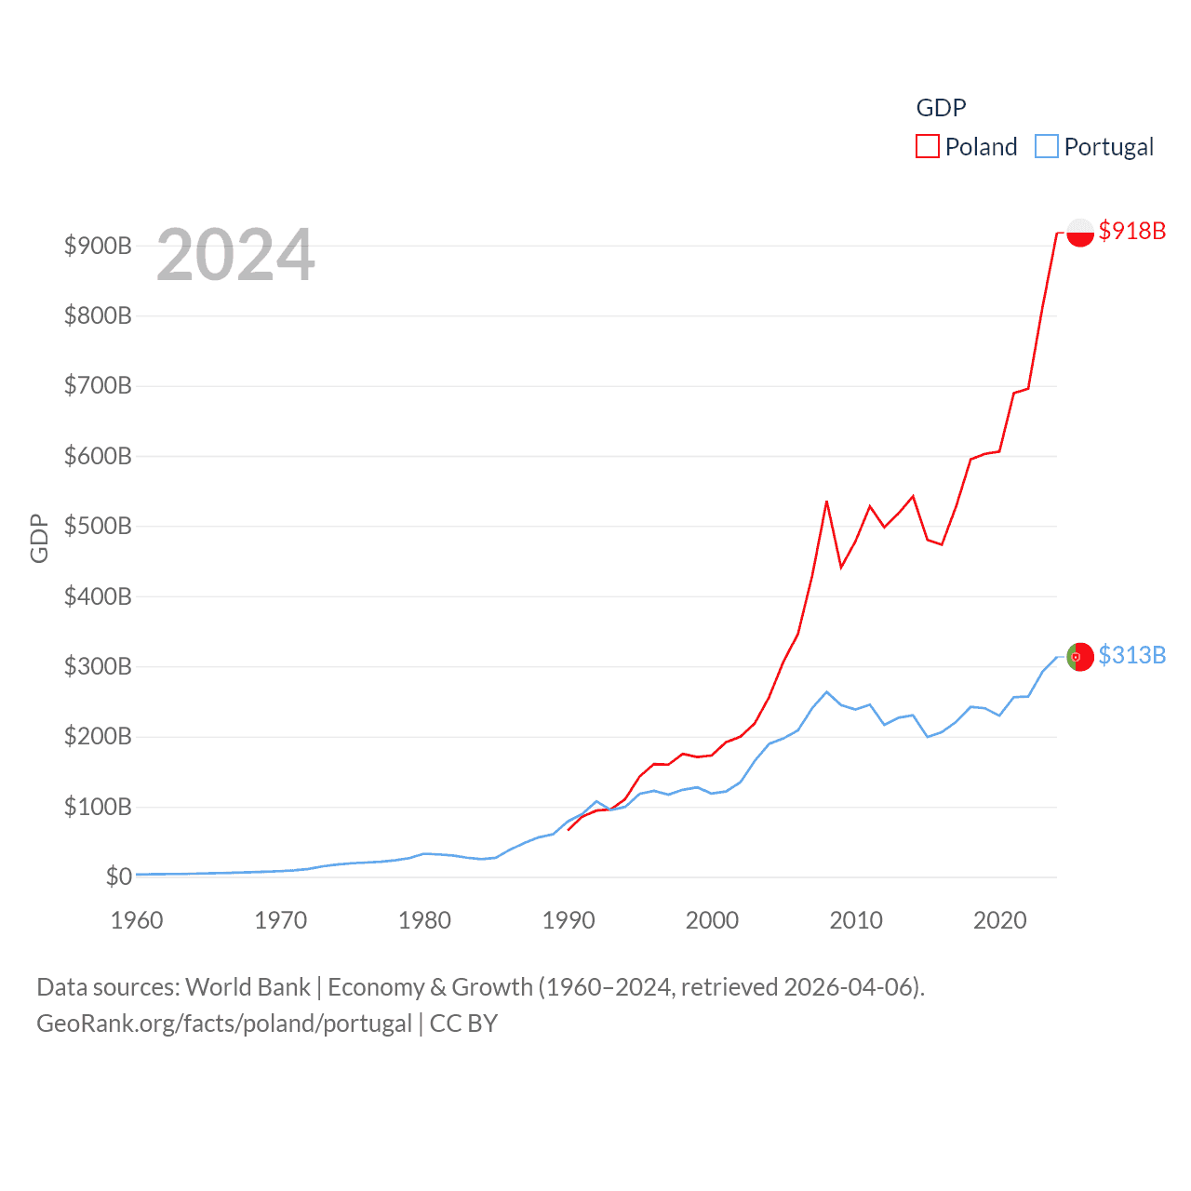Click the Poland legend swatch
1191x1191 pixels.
pyautogui.click(x=928, y=146)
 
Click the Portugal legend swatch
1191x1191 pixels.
pyautogui.click(x=1047, y=146)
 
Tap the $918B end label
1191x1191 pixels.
pyautogui.click(x=1131, y=231)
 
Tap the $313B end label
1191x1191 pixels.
pyautogui.click(x=1131, y=655)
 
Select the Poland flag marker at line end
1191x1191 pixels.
pyautogui.click(x=1080, y=232)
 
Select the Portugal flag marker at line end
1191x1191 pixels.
pyautogui.click(x=1080, y=656)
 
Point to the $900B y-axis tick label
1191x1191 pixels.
pyautogui.click(x=98, y=246)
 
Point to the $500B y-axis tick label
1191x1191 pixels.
pyautogui.click(x=98, y=526)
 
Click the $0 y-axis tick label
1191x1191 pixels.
pyautogui.click(x=118, y=877)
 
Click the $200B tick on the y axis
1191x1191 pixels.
pyautogui.click(x=98, y=736)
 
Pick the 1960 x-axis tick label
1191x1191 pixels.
pyautogui.click(x=137, y=920)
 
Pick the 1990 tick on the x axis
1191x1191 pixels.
pyautogui.click(x=569, y=920)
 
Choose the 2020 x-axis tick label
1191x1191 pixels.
pyautogui.click(x=1000, y=920)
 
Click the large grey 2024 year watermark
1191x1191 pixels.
pyautogui.click(x=235, y=255)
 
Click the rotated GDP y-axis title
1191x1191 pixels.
pyautogui.click(x=39, y=538)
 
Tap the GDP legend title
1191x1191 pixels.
pyautogui.click(x=941, y=108)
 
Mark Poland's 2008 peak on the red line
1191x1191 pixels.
pyautogui.click(x=826, y=502)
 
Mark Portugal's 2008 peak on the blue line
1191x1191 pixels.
pyautogui.click(x=826, y=692)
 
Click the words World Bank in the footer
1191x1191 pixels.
pyautogui.click(x=248, y=986)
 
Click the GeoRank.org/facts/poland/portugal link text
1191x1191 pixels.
pyautogui.click(x=224, y=1024)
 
